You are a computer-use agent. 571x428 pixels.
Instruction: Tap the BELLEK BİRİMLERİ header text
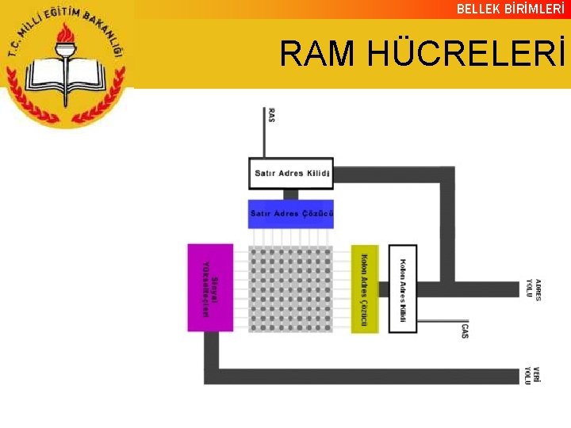coord(511,9)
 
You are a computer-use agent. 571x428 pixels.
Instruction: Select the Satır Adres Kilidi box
coord(291,173)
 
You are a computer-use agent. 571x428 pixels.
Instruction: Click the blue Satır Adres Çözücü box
coord(291,213)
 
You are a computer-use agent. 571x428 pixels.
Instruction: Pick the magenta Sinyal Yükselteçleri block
coord(210,287)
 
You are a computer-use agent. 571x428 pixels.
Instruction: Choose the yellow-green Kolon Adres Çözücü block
coord(365,289)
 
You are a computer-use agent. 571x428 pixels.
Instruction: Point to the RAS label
coord(272,115)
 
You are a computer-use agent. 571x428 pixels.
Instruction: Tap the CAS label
coord(465,330)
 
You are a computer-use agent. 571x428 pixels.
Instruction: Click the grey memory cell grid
coord(291,289)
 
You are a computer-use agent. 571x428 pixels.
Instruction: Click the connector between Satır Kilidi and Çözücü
coord(291,193)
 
